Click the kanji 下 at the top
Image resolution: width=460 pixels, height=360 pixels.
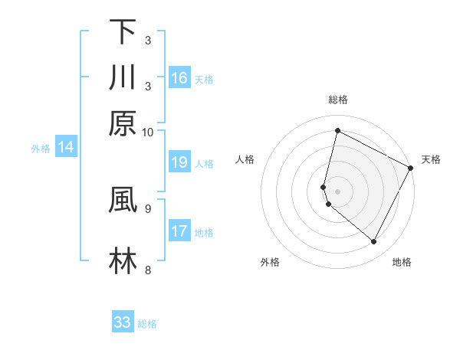pyautogui.click(x=123, y=32)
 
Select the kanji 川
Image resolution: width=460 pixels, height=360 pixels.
pyautogui.click(x=123, y=77)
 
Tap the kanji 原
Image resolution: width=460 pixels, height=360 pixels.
pyautogui.click(x=123, y=123)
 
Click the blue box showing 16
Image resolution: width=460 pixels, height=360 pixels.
pyautogui.click(x=179, y=77)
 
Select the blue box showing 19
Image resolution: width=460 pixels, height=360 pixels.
pyautogui.click(x=179, y=162)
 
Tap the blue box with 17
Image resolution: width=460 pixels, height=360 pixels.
pyautogui.click(x=179, y=231)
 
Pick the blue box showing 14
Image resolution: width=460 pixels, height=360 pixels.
pyautogui.click(x=65, y=148)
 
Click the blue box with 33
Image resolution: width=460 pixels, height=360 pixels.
pyautogui.click(x=123, y=322)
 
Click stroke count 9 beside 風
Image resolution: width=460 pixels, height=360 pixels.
pyautogui.click(x=147, y=207)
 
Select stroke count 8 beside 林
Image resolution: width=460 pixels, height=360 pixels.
pyautogui.click(x=147, y=270)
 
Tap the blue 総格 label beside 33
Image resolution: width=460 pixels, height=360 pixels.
pyautogui.click(x=147, y=324)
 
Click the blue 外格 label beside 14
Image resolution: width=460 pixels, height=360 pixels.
pyautogui.click(x=41, y=149)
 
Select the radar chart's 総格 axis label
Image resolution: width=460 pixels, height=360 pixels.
pyautogui.click(x=337, y=100)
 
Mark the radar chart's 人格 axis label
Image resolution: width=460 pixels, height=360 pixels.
pyautogui.click(x=245, y=159)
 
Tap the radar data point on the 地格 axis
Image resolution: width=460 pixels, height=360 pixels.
pyautogui.click(x=374, y=242)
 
